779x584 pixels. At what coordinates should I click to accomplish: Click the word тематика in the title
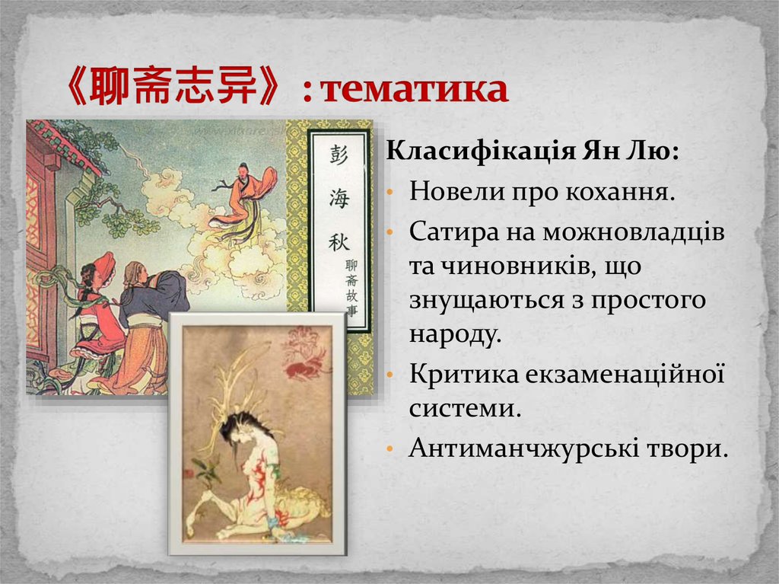(414, 90)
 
